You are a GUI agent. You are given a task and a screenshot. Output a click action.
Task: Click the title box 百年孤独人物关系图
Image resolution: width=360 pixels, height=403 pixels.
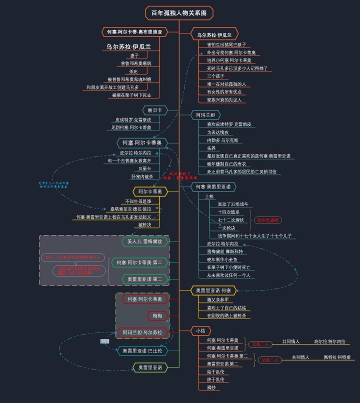[179, 13]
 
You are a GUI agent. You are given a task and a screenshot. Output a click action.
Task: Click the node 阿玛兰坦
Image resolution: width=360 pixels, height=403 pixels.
[205, 115]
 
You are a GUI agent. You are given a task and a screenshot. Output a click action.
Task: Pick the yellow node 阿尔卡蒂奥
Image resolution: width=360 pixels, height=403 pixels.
[149, 191]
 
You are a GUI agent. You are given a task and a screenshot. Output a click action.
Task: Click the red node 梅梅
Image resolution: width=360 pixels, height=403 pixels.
[157, 315]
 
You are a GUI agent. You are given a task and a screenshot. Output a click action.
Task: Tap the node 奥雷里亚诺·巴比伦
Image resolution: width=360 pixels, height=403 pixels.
[142, 350]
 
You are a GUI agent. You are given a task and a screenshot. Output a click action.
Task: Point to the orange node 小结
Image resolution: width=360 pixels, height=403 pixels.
[200, 330]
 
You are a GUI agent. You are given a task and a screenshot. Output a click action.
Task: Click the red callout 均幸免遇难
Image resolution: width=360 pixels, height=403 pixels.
[269, 220]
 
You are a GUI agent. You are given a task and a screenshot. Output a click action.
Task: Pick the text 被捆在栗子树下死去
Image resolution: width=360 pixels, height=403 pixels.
[131, 95]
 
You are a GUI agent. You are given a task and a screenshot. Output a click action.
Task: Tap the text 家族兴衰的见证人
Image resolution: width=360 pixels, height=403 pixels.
[224, 99]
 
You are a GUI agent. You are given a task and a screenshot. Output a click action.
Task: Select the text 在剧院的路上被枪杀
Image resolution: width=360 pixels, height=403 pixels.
[226, 315]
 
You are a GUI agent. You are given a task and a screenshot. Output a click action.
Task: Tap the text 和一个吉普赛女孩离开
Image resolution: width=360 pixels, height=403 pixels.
[129, 160]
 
